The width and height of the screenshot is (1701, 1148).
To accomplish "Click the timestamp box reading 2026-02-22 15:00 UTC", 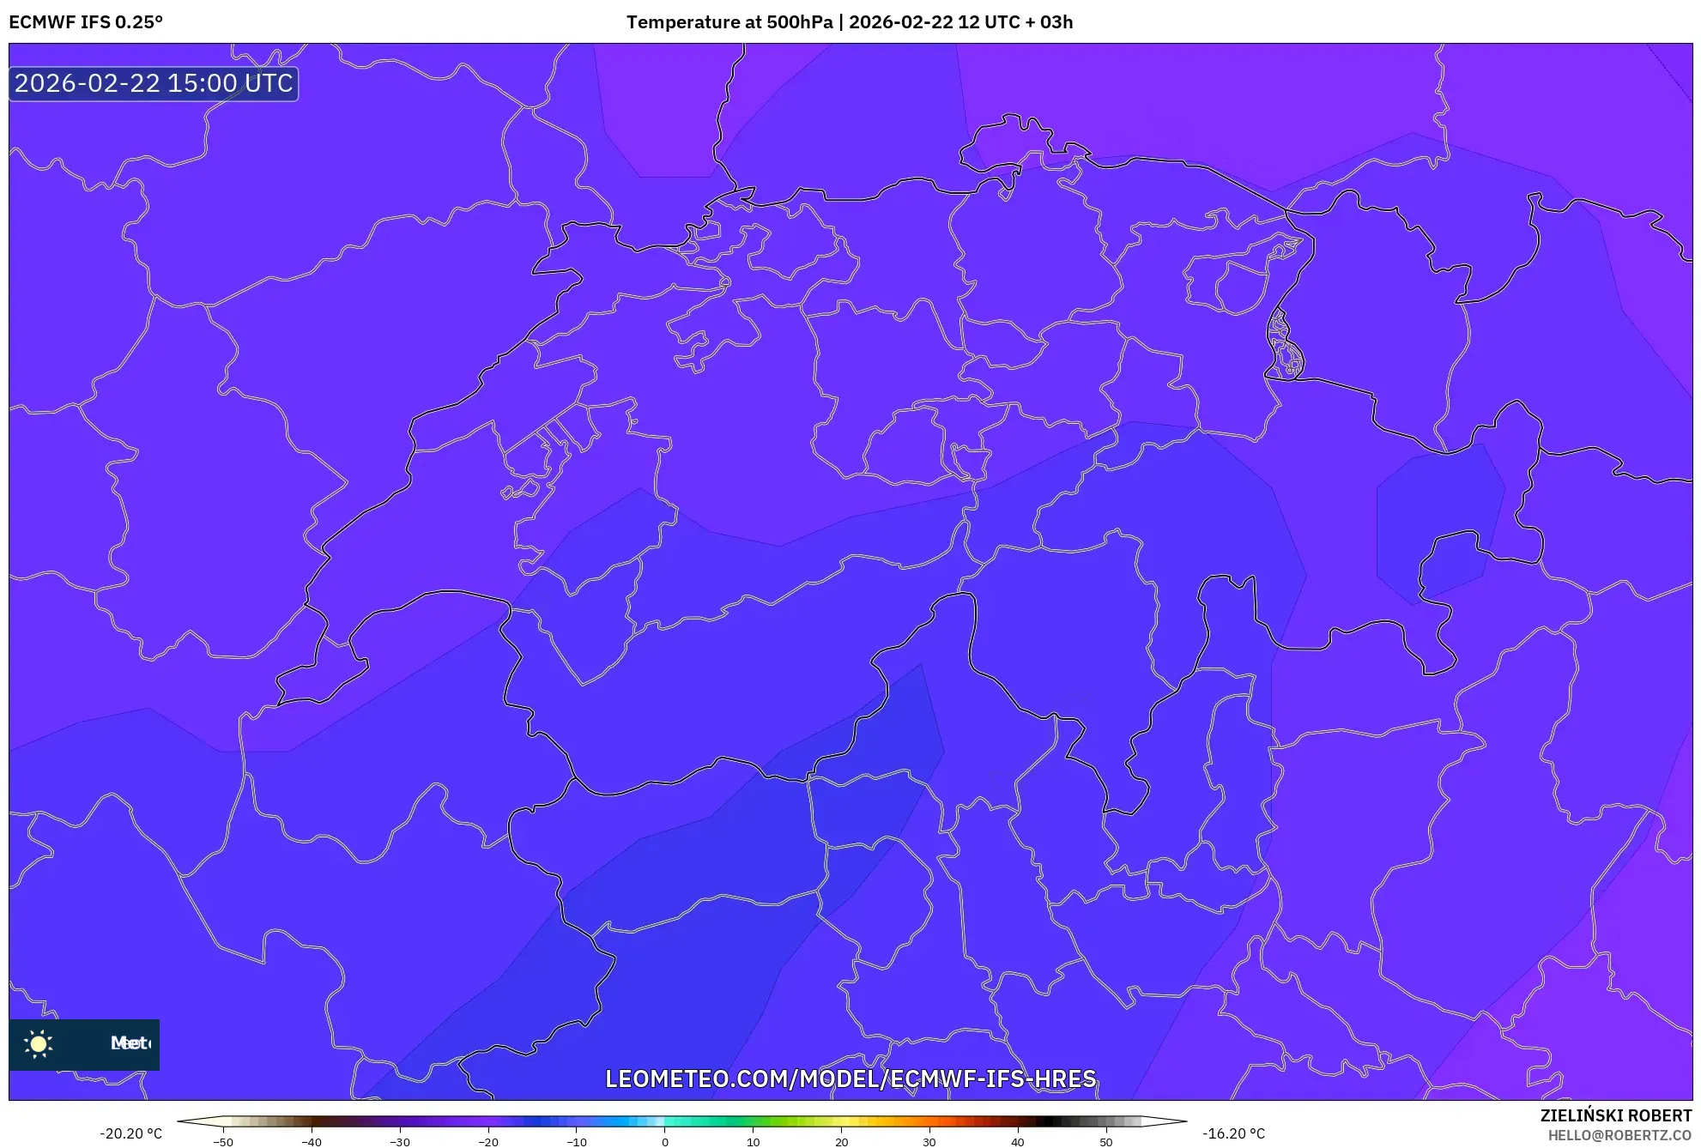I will (154, 83).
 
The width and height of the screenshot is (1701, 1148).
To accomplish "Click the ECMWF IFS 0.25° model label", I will (86, 22).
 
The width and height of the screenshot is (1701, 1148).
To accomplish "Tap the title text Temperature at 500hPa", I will (729, 22).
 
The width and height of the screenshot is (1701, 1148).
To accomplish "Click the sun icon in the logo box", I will (39, 1043).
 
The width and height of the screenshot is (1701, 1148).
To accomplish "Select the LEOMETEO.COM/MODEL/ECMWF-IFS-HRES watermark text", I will (850, 1079).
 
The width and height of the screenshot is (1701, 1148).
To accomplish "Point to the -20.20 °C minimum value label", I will (130, 1133).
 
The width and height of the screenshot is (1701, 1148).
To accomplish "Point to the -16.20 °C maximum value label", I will (1233, 1133).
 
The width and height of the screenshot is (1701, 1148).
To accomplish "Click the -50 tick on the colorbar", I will (223, 1142).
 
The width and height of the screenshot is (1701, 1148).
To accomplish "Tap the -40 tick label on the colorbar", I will (312, 1142).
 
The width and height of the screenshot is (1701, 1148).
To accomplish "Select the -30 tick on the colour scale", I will (400, 1142).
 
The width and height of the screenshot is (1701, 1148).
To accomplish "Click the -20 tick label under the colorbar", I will (488, 1142).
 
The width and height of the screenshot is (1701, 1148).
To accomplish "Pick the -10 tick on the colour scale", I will (577, 1142).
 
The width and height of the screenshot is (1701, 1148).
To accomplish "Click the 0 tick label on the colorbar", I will (665, 1142).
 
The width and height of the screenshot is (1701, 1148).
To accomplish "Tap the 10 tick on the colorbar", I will (754, 1142).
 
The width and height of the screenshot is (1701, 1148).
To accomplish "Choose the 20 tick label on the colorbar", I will (842, 1142).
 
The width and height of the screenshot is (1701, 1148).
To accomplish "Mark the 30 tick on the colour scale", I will (929, 1142).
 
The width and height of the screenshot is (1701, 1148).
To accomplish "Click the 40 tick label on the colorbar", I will (1018, 1142).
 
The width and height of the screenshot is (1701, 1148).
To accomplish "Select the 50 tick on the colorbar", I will (1106, 1142).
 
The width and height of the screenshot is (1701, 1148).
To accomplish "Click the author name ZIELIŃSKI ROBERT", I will (1616, 1115).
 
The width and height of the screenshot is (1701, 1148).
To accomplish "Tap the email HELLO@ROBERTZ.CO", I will (1619, 1135).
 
